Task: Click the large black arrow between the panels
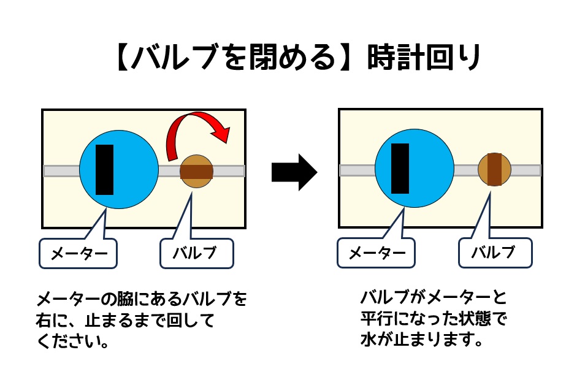click(x=294, y=172)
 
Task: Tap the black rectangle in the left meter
click(x=105, y=170)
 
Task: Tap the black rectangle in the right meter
click(x=400, y=168)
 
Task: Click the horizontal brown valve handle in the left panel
click(x=196, y=170)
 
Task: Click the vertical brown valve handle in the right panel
click(x=494, y=169)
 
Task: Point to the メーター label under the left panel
click(x=78, y=253)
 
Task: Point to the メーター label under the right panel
click(x=375, y=253)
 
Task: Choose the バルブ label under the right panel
click(x=495, y=253)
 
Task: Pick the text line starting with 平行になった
click(x=435, y=319)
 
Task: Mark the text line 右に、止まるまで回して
click(x=125, y=321)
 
